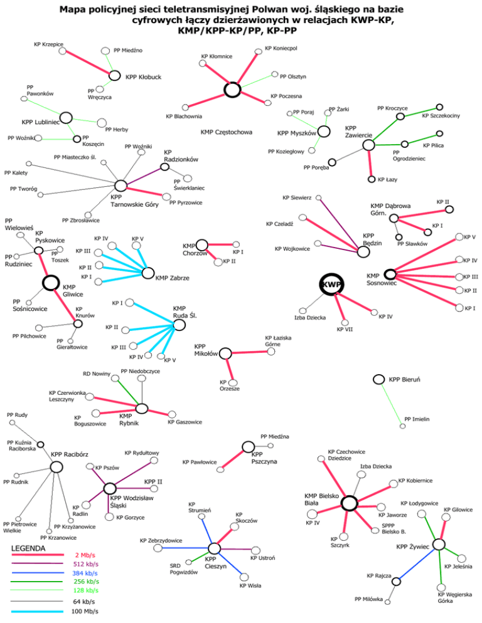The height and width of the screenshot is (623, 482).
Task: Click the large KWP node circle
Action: [x=331, y=285]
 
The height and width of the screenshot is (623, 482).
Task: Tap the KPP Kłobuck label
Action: [x=144, y=77]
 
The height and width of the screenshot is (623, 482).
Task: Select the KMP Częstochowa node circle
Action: [x=233, y=90]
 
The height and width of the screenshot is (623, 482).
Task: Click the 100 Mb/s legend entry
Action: [x=85, y=612]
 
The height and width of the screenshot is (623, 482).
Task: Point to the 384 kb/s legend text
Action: [x=85, y=573]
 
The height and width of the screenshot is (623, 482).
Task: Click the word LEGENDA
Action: [x=29, y=549]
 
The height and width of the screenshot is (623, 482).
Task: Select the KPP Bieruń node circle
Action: [x=378, y=379]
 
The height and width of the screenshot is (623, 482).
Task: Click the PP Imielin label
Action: [x=417, y=419]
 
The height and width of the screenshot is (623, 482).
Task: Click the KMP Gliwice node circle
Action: [x=50, y=283]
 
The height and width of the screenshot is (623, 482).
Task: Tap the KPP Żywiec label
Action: [x=412, y=547]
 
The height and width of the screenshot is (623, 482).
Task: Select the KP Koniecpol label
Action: [x=281, y=48]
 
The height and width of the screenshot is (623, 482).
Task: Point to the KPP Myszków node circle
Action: [x=324, y=131]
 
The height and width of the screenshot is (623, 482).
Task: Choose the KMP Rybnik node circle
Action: [x=142, y=409]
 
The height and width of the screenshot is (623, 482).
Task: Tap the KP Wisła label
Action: [x=250, y=586]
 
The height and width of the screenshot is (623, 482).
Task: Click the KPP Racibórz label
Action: [x=70, y=454]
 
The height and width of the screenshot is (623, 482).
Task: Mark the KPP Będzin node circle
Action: [x=363, y=251]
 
